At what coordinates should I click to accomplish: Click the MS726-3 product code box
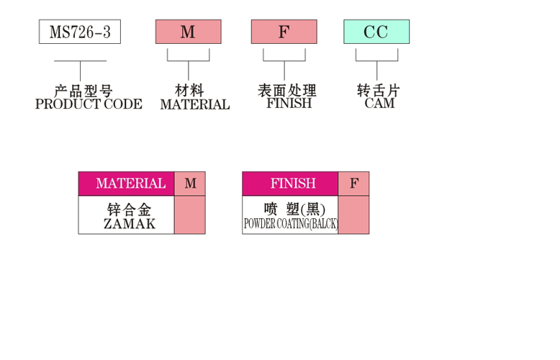tap(80, 32)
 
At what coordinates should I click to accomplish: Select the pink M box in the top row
tap(188, 32)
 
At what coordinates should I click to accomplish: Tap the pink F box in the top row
tap(284, 32)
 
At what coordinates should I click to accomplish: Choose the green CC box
tap(376, 32)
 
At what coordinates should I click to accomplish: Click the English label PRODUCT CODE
tap(89, 104)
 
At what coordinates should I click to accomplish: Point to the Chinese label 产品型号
tap(83, 91)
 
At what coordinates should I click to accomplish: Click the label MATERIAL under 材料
tap(195, 104)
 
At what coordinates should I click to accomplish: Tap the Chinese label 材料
tap(189, 90)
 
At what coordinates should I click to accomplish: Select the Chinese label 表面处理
tap(287, 90)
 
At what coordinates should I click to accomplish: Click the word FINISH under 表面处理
tap(289, 103)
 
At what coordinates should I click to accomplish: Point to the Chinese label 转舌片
tap(379, 90)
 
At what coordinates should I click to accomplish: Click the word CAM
tap(379, 103)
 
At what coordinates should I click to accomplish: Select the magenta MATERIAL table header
tap(127, 184)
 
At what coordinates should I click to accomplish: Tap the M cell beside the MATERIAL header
tap(190, 184)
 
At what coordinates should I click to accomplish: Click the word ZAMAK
tap(130, 224)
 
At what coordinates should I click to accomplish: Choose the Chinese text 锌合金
tap(130, 210)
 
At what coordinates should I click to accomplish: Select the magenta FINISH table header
tap(290, 184)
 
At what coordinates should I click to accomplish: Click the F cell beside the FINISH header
tap(354, 184)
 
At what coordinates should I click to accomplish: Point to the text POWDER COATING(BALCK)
tap(291, 224)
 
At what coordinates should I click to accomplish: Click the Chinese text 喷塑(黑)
tap(294, 210)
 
